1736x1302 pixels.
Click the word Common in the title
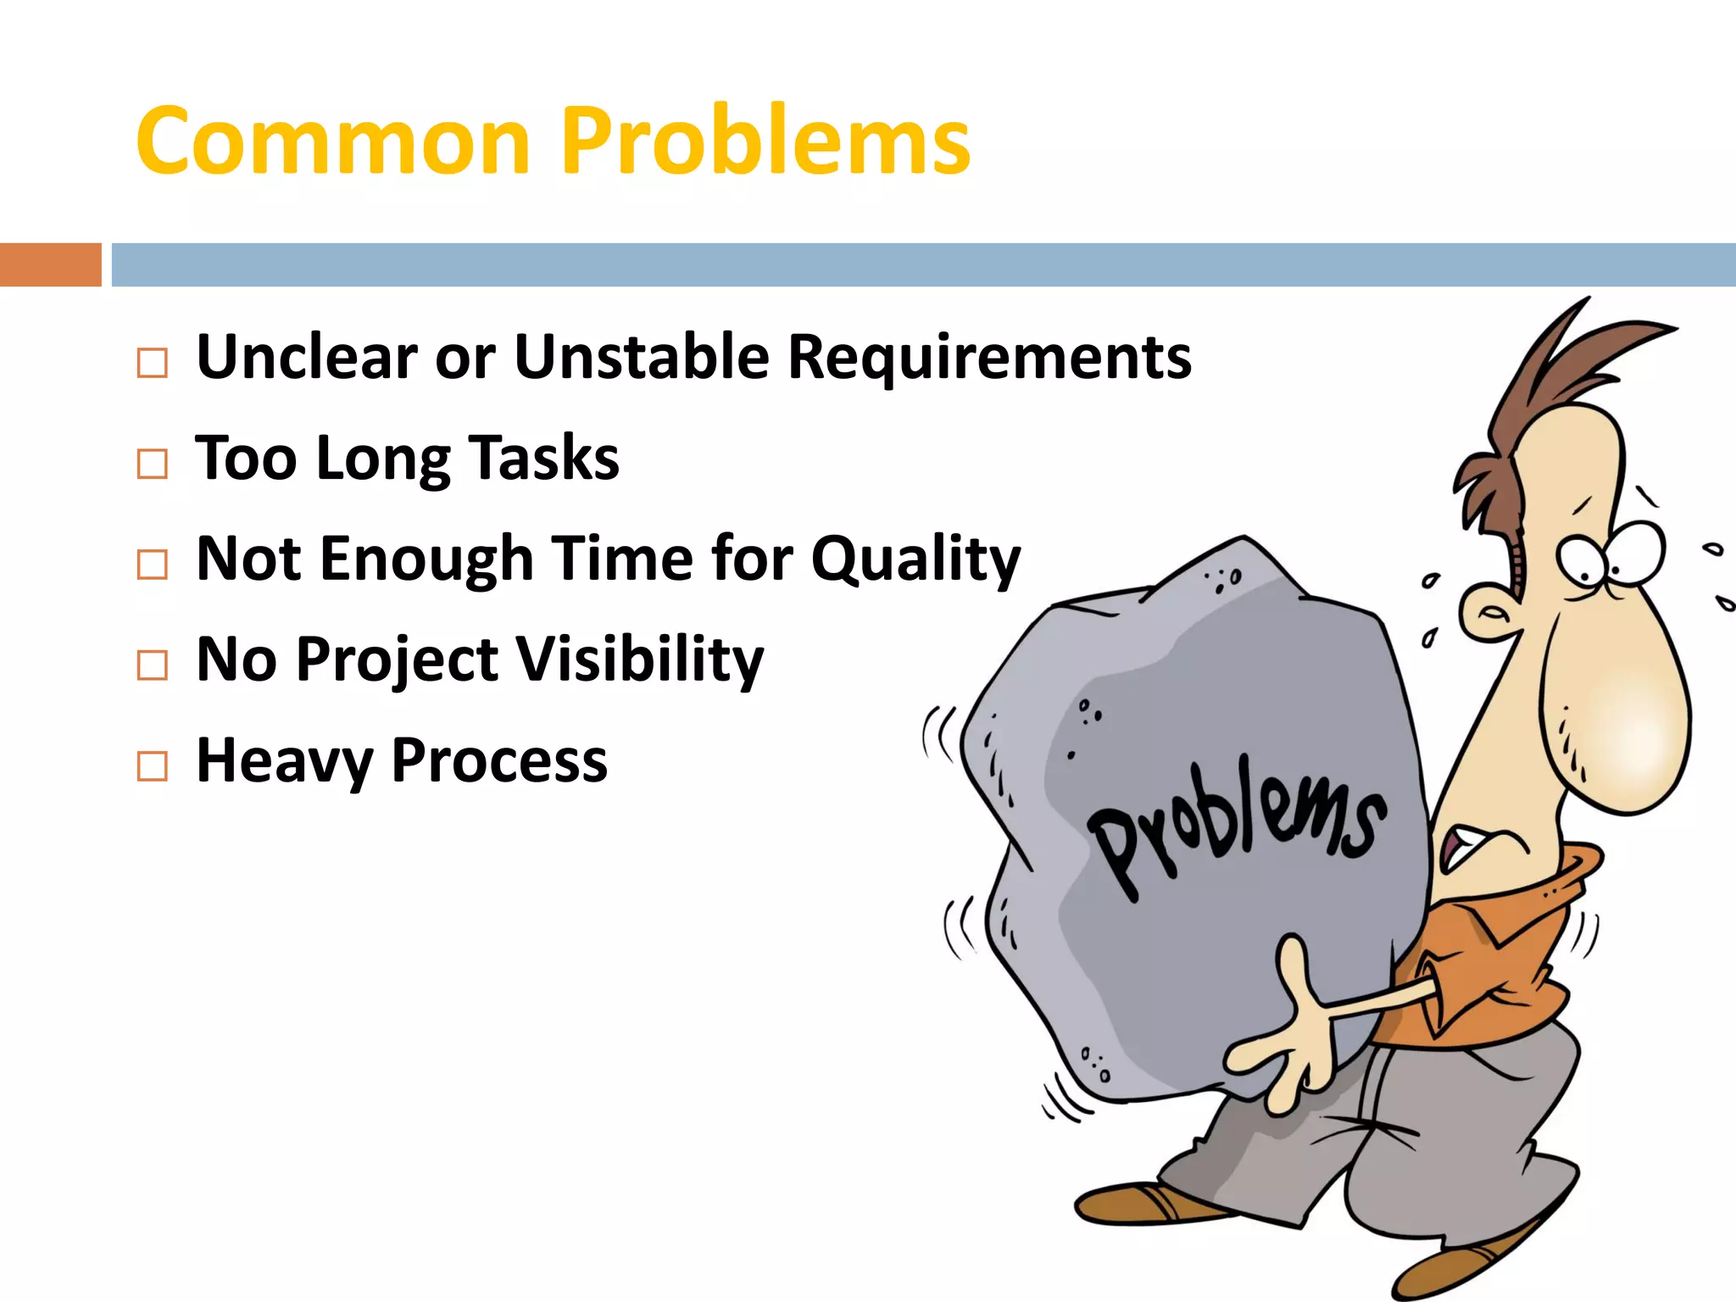tap(332, 142)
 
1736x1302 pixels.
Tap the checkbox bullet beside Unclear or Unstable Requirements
tap(153, 363)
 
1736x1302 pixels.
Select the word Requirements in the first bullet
tap(989, 357)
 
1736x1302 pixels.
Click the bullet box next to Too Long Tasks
tap(153, 464)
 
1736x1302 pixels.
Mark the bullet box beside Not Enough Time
tap(153, 565)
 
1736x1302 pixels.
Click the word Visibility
tap(640, 660)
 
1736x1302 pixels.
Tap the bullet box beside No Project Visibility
tap(153, 665)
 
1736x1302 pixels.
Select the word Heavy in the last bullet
tap(284, 761)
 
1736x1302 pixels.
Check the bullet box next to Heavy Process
tap(153, 766)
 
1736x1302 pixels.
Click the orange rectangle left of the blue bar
tap(50, 264)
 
